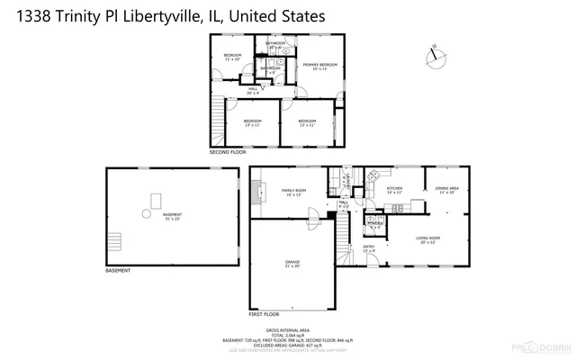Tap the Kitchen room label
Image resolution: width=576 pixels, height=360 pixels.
(x=394, y=191)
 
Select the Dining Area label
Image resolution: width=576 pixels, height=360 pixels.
(x=445, y=190)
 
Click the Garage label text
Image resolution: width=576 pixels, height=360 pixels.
(x=292, y=264)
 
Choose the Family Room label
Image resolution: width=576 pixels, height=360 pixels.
(x=294, y=193)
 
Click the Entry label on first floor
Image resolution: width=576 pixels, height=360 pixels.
(x=369, y=248)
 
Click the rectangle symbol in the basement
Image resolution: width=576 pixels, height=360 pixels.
(x=157, y=199)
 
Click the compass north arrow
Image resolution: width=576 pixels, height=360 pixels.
(x=436, y=55)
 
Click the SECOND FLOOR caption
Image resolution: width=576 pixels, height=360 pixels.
(x=228, y=153)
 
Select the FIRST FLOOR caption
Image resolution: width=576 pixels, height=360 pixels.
(x=265, y=314)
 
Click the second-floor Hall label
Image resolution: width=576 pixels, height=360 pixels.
(x=253, y=90)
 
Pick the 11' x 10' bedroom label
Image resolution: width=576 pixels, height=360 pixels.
(x=232, y=58)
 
